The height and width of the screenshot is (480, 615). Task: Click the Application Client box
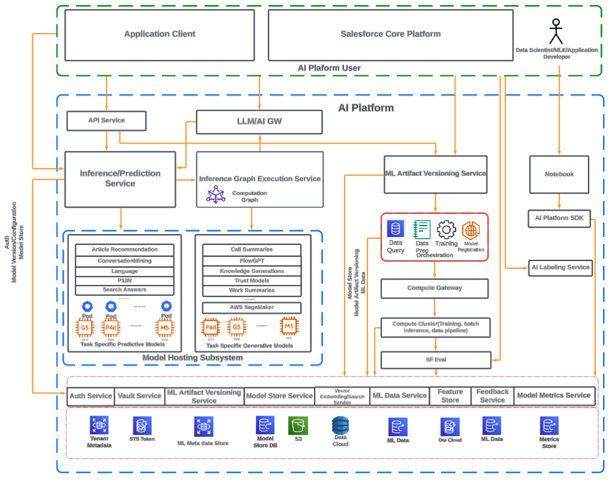[x=159, y=34]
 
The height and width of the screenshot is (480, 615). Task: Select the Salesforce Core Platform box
[x=390, y=34]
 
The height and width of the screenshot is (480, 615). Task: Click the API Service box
[x=106, y=120]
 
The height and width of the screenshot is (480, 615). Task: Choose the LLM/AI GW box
[x=259, y=122]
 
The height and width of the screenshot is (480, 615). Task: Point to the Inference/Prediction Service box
[x=120, y=179]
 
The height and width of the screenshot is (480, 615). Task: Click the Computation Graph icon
[x=215, y=194]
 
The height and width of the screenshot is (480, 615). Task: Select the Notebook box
[x=559, y=174]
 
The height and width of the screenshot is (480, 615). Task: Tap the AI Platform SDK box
[x=559, y=218]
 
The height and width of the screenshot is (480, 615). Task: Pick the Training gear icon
[x=446, y=230]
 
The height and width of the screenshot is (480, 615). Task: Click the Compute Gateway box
[x=435, y=288]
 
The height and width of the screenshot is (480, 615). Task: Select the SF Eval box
[x=436, y=360]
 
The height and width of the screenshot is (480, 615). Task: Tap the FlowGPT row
[x=252, y=261]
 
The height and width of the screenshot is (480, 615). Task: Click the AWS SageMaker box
[x=252, y=307]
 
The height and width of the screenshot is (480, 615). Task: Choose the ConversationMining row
[x=124, y=261]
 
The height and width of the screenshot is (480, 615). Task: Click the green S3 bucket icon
[x=298, y=426]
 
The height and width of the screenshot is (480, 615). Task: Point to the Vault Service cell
[x=139, y=396]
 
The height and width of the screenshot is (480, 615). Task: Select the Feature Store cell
[x=450, y=396]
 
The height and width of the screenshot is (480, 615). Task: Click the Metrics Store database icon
[x=549, y=426]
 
